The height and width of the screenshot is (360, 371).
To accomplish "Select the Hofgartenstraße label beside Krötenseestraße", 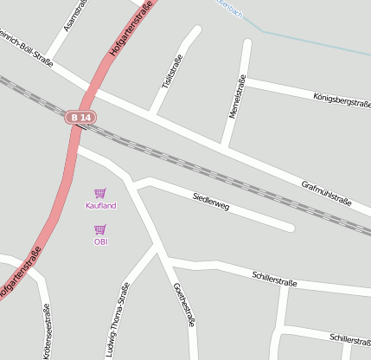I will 20,274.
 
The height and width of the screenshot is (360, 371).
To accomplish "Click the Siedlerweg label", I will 211,202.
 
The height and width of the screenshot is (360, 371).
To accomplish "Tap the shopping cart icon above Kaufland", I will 100,193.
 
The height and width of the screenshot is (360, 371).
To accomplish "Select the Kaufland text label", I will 100,205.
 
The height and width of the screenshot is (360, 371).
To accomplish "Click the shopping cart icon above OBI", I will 100,229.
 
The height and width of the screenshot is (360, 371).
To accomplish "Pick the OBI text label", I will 100,241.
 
